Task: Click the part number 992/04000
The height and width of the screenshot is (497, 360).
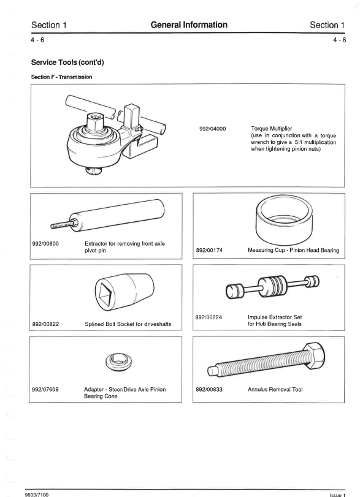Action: [x=213, y=129]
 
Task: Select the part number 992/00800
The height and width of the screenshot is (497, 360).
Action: [x=45, y=244]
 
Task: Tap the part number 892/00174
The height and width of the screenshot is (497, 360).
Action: [x=209, y=250]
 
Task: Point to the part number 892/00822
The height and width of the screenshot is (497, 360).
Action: [x=45, y=324]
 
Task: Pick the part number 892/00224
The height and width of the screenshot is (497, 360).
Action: [x=209, y=317]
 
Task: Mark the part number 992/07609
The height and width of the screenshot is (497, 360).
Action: [x=45, y=389]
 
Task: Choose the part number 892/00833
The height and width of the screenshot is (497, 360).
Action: [x=209, y=389]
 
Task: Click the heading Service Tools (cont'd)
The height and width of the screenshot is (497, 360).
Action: [x=67, y=63]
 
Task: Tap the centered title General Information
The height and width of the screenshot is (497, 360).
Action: [x=189, y=25]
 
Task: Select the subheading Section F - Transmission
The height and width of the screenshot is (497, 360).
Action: [x=61, y=77]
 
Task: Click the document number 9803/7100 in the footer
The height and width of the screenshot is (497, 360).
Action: [x=37, y=495]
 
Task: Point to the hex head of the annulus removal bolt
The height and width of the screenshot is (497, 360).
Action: [x=313, y=355]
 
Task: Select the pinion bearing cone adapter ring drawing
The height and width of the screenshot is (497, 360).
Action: [x=118, y=362]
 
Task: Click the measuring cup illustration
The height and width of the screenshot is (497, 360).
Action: [x=285, y=219]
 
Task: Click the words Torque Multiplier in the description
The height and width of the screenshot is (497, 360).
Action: [x=272, y=129]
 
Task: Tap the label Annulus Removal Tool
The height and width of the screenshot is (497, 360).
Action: [x=275, y=389]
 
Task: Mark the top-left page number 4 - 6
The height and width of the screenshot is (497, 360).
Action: [x=37, y=40]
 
